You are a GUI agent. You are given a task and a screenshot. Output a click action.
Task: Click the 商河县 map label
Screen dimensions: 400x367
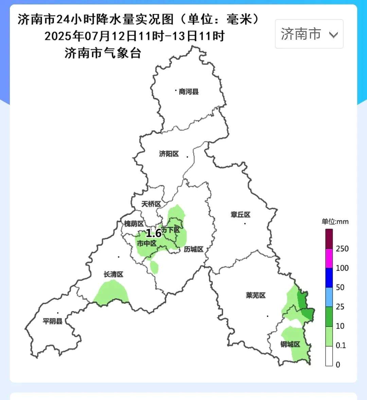pos(189,91)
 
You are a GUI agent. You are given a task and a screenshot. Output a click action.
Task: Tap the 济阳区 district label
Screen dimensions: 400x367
pos(169,154)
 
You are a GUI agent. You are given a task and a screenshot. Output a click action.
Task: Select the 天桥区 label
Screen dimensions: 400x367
pos(151,204)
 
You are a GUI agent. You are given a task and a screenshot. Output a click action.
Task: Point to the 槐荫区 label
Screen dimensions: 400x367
pos(134,223)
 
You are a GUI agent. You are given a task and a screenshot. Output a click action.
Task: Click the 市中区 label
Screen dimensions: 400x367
pos(146,244)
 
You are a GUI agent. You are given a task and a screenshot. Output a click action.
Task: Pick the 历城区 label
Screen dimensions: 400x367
pos(193,249)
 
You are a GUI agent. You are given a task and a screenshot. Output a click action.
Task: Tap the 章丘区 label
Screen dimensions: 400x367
pos(240,215)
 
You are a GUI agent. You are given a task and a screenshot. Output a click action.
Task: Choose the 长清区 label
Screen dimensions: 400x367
pos(113,274)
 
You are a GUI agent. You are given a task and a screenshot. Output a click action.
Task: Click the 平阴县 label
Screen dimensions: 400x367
pos(53,321)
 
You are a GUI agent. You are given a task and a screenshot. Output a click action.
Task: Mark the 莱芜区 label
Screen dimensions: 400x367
pos(256,295)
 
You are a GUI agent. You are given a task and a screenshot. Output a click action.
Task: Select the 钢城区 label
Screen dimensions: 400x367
pos(290,344)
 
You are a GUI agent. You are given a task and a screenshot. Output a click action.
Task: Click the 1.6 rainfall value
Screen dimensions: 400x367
pos(154,233)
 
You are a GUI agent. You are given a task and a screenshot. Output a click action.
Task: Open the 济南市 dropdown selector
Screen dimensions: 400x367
pos(309,34)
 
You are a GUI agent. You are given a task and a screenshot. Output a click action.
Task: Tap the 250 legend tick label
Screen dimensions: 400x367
pos(342,249)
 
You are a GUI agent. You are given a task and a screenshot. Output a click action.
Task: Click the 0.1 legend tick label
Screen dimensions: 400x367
pos(340,345)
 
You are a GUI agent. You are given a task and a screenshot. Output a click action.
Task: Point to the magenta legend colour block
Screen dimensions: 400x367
pos(329,259)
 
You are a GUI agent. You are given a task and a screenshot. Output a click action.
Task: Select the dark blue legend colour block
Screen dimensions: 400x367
pos(329,278)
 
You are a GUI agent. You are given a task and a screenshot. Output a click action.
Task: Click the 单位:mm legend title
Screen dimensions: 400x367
pos(335,221)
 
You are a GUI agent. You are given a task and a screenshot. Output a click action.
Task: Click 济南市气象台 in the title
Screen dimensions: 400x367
pos(103,53)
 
